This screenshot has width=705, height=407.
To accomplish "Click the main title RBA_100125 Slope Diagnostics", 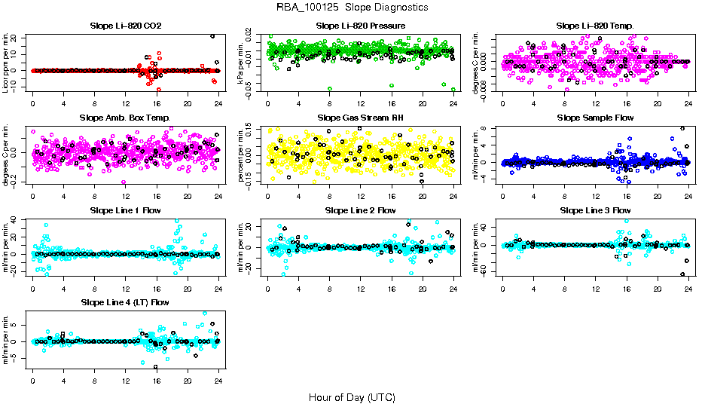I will [352, 8].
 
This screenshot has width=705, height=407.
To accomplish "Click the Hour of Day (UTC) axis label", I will [352, 396].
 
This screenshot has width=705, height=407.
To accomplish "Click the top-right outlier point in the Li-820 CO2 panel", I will [212, 36].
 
